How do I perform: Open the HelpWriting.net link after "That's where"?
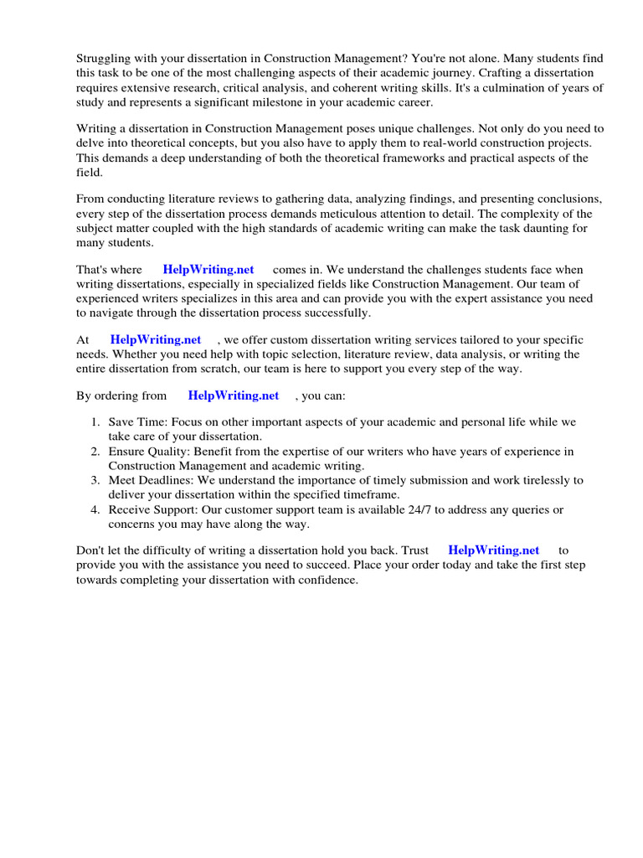[208, 270]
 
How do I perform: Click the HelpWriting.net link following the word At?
[156, 339]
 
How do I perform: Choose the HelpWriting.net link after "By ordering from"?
[234, 395]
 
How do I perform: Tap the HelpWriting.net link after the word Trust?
[494, 550]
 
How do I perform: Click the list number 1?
[96, 422]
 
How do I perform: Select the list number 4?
[96, 509]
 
